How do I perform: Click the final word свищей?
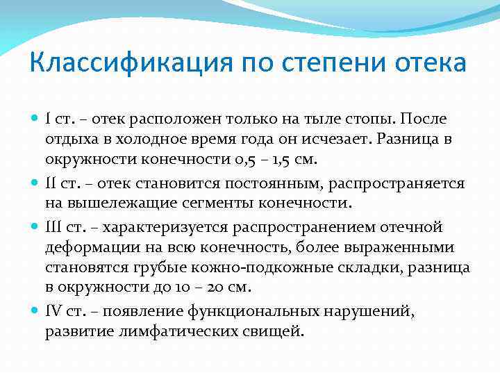click(x=274, y=332)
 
